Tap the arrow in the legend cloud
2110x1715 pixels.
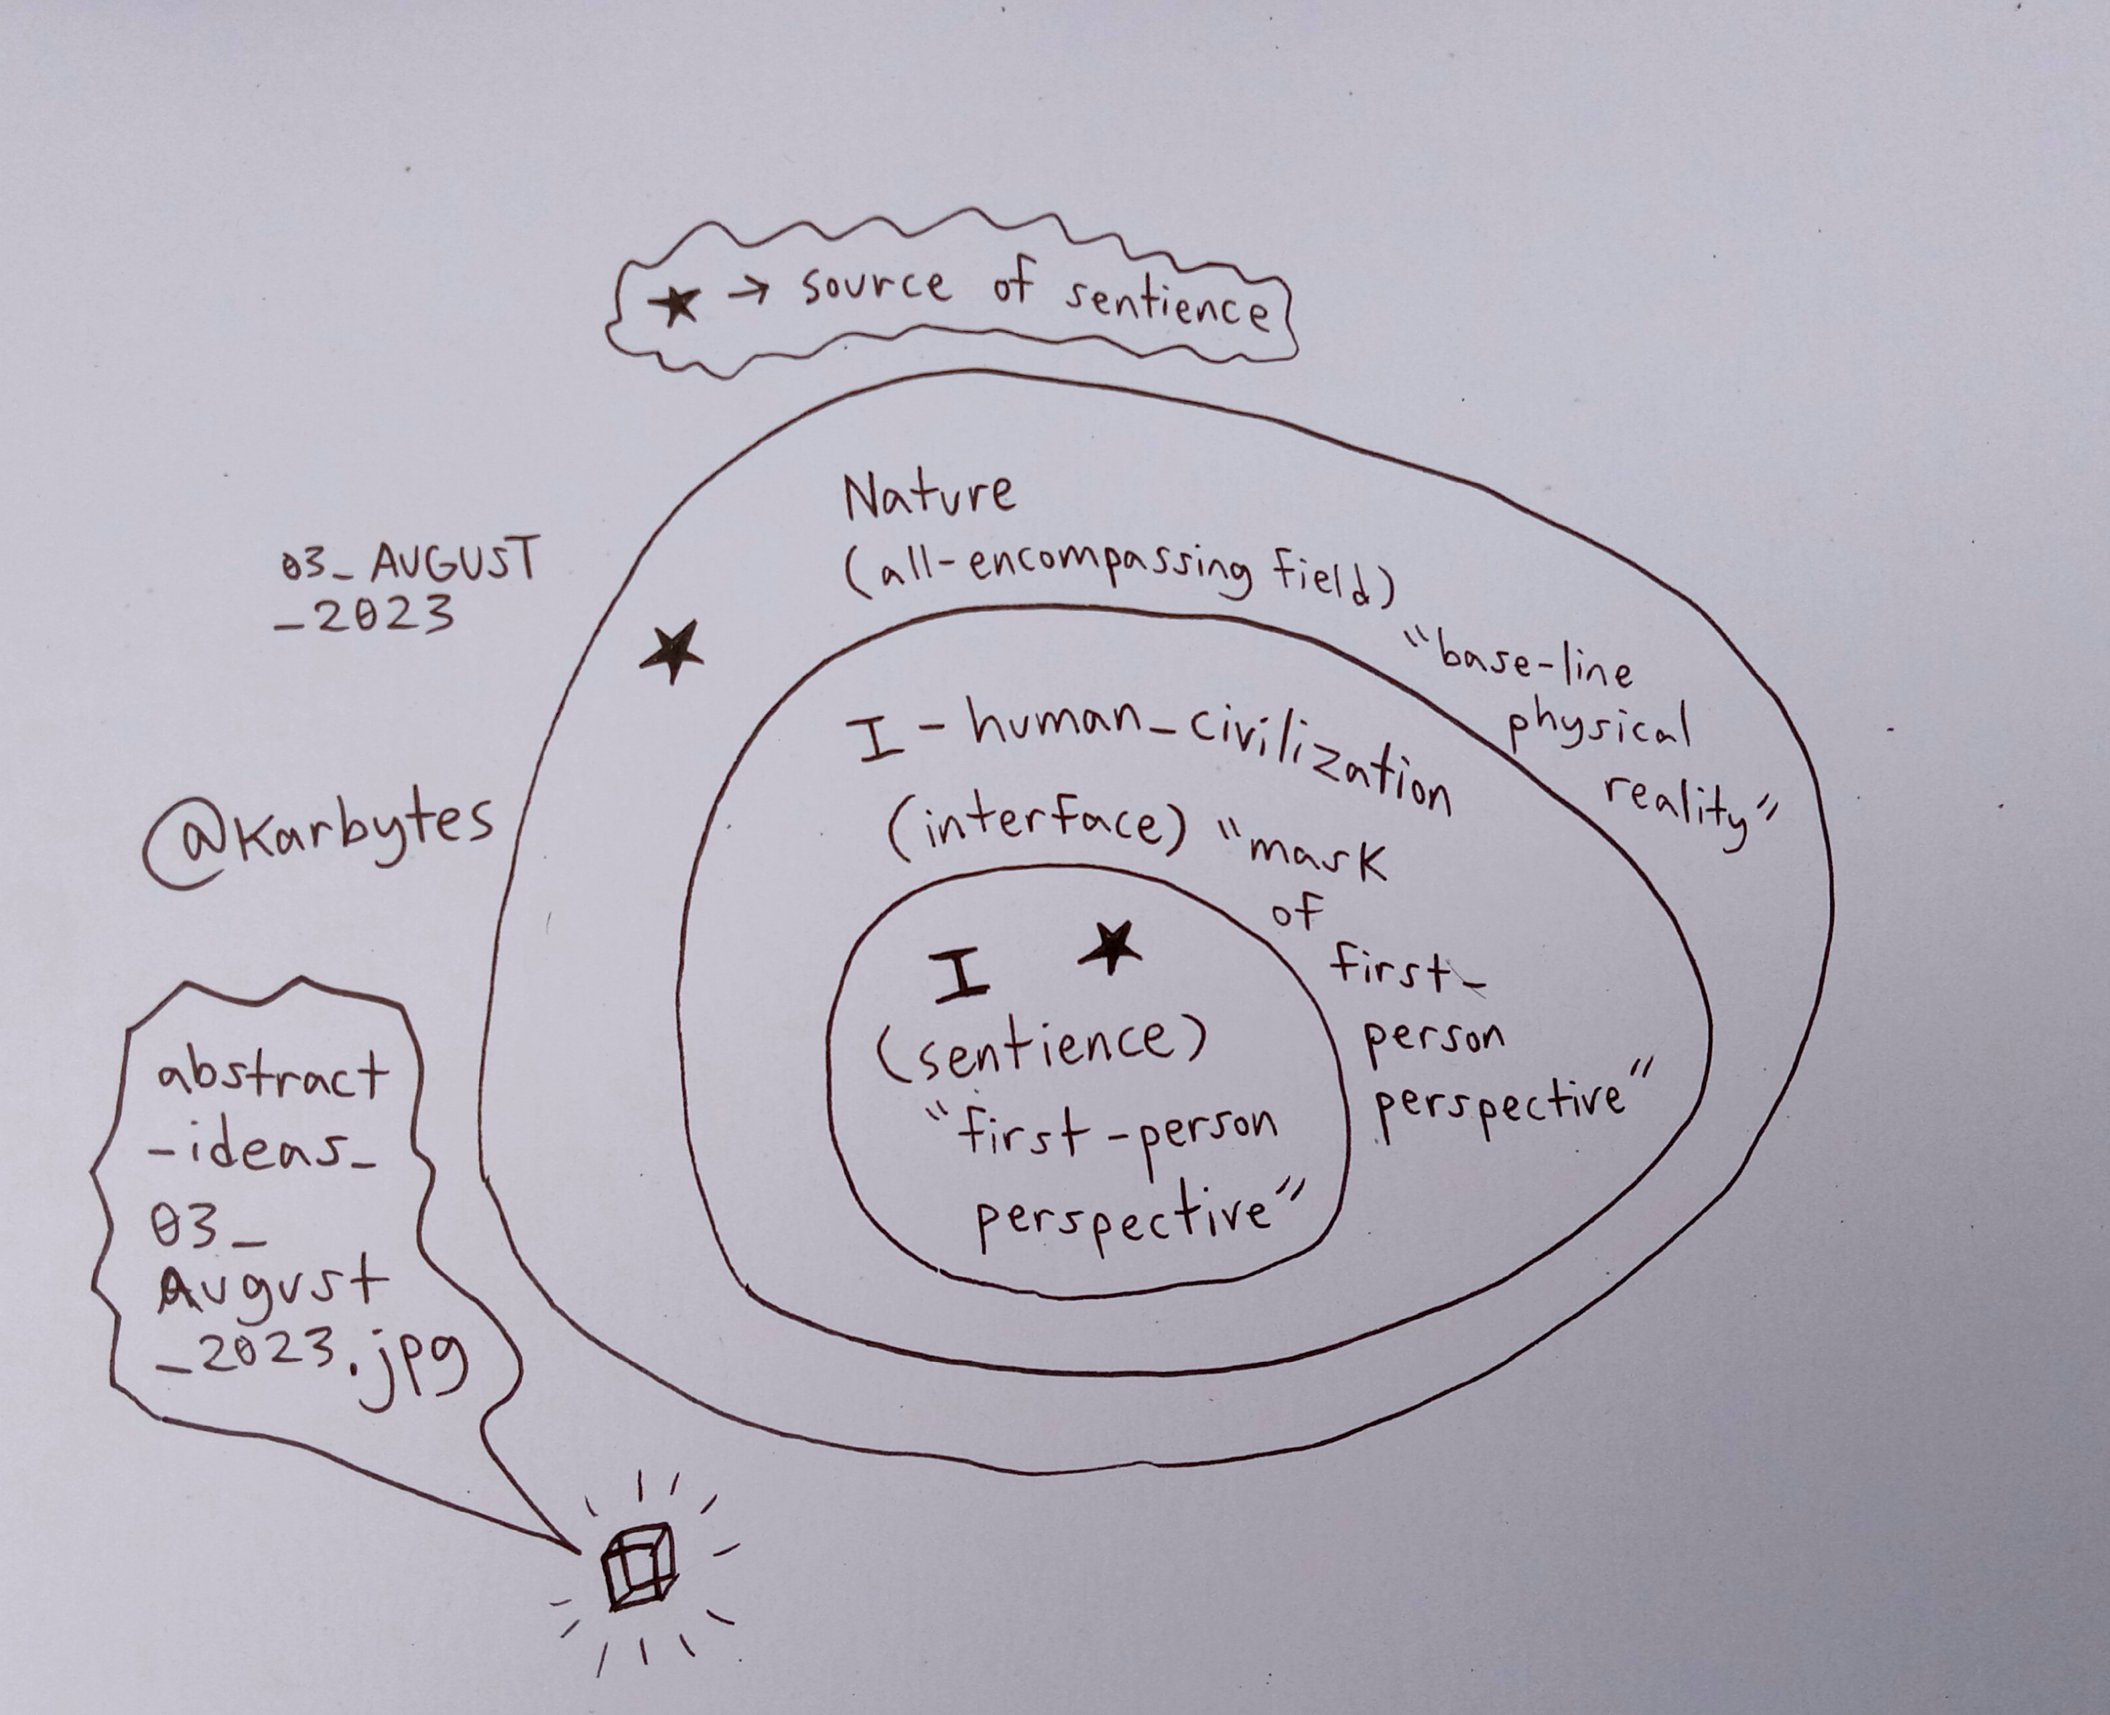[748, 291]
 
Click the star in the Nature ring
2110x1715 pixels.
[673, 651]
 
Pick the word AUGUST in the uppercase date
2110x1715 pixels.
[456, 561]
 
